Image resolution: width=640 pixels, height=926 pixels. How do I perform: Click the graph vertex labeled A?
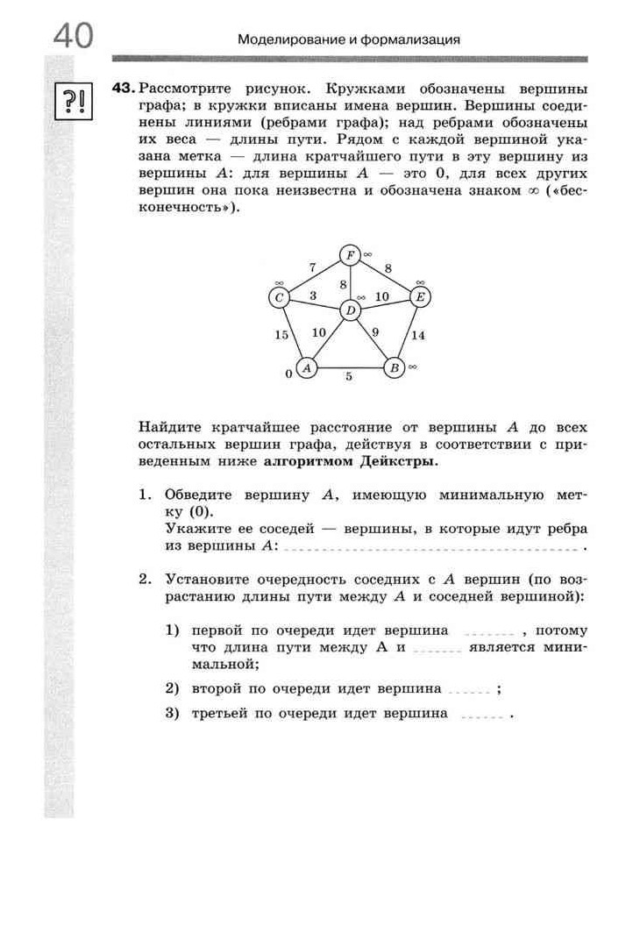click(306, 367)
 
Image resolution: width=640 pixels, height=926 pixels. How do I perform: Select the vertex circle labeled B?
click(395, 367)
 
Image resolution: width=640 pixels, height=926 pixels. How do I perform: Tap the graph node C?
click(280, 297)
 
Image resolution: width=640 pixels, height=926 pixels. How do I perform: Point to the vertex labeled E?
click(420, 297)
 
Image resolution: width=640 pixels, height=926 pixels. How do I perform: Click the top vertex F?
click(350, 255)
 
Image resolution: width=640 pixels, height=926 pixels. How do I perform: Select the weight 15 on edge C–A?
click(281, 335)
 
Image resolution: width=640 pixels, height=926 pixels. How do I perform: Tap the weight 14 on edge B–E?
click(418, 335)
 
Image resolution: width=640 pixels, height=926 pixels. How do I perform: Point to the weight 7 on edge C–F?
click(311, 267)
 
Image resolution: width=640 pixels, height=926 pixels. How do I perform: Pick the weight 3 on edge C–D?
click(313, 296)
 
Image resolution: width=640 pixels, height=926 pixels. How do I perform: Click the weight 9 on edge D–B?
click(375, 331)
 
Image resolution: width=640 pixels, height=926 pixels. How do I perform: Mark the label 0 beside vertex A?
click(288, 374)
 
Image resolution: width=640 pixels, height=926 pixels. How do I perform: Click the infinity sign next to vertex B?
click(411, 365)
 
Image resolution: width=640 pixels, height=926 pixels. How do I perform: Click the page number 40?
click(73, 38)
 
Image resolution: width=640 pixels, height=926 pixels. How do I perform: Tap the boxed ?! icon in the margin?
click(70, 102)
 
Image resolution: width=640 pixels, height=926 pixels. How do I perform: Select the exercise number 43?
click(123, 89)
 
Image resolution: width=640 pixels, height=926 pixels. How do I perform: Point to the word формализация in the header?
click(411, 39)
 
